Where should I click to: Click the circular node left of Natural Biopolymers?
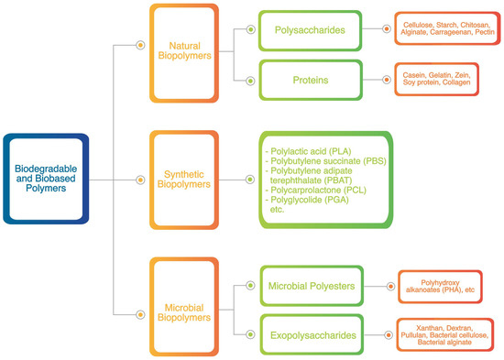(x=139, y=43)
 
